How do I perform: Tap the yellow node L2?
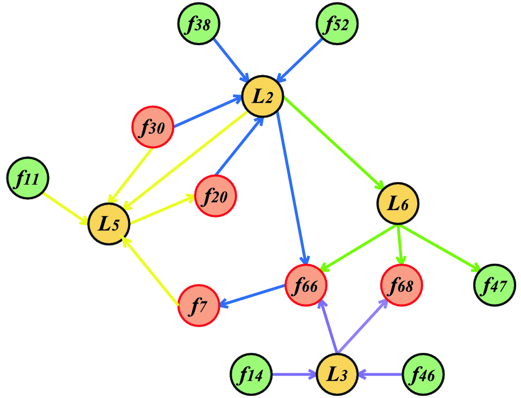263,97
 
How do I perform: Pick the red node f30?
153,127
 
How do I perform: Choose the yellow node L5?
109,224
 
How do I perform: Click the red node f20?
216,196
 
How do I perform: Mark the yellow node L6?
398,204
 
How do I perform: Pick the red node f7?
198,306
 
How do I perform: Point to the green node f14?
251,374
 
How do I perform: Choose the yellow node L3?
337,374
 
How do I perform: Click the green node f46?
424,374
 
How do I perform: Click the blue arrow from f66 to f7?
253,295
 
